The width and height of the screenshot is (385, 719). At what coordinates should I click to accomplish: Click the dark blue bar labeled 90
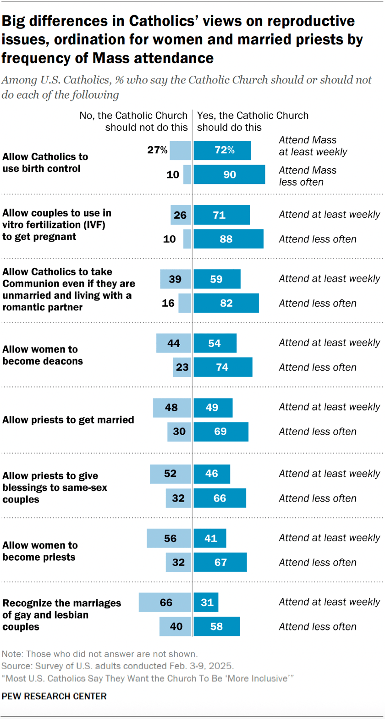(x=229, y=175)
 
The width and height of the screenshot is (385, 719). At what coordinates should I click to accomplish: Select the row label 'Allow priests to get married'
(x=68, y=420)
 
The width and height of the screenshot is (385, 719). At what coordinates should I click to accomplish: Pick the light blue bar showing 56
(x=169, y=538)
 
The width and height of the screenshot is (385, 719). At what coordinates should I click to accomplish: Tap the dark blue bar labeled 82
(x=226, y=303)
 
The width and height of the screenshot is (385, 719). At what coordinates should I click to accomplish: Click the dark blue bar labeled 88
(x=228, y=239)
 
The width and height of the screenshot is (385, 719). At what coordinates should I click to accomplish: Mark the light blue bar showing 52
(x=170, y=474)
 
